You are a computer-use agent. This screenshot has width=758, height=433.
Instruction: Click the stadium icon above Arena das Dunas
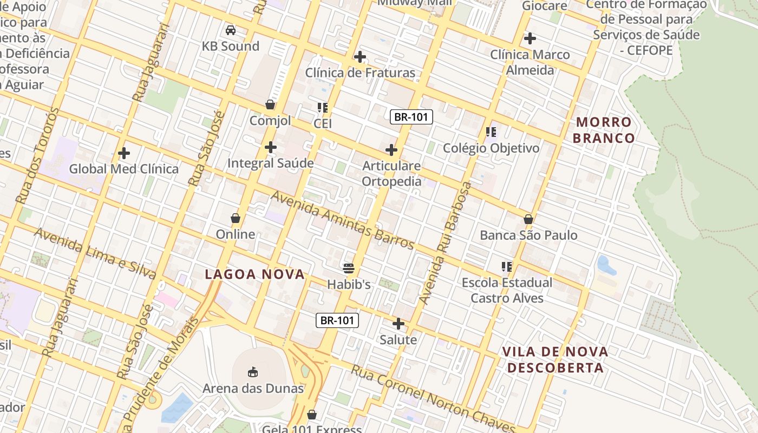pos(253,372)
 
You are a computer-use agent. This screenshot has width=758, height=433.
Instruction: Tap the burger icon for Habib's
pos(349,268)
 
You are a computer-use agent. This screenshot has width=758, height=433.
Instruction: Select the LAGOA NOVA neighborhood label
pos(254,274)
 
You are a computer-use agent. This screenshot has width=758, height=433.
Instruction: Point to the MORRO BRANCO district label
pos(604,130)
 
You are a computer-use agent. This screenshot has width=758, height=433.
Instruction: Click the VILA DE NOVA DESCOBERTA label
pos(555,360)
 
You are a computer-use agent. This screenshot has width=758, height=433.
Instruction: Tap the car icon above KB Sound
pos(231,30)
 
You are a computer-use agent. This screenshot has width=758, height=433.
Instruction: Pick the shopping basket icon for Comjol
pos(270,104)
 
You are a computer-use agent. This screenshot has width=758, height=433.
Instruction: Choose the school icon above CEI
pos(323,108)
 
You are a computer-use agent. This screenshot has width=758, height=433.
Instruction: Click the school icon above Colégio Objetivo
pos(491,132)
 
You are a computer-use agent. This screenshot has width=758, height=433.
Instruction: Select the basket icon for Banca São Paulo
pos(528,219)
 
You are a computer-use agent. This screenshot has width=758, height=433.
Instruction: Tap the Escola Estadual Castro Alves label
pos(507,290)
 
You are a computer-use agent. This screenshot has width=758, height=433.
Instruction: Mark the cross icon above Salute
pos(398,324)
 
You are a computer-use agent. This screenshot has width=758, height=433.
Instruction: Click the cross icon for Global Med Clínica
pos(124,153)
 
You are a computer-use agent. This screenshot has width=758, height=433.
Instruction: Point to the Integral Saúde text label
pos(270,163)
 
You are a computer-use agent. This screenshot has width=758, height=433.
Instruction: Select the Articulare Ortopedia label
pos(391,173)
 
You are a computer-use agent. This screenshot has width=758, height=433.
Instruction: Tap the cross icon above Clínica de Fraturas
pos(360,57)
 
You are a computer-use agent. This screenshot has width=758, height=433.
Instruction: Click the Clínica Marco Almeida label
pos(530,62)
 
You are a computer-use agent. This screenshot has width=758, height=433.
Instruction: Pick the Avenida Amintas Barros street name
pos(342,220)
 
